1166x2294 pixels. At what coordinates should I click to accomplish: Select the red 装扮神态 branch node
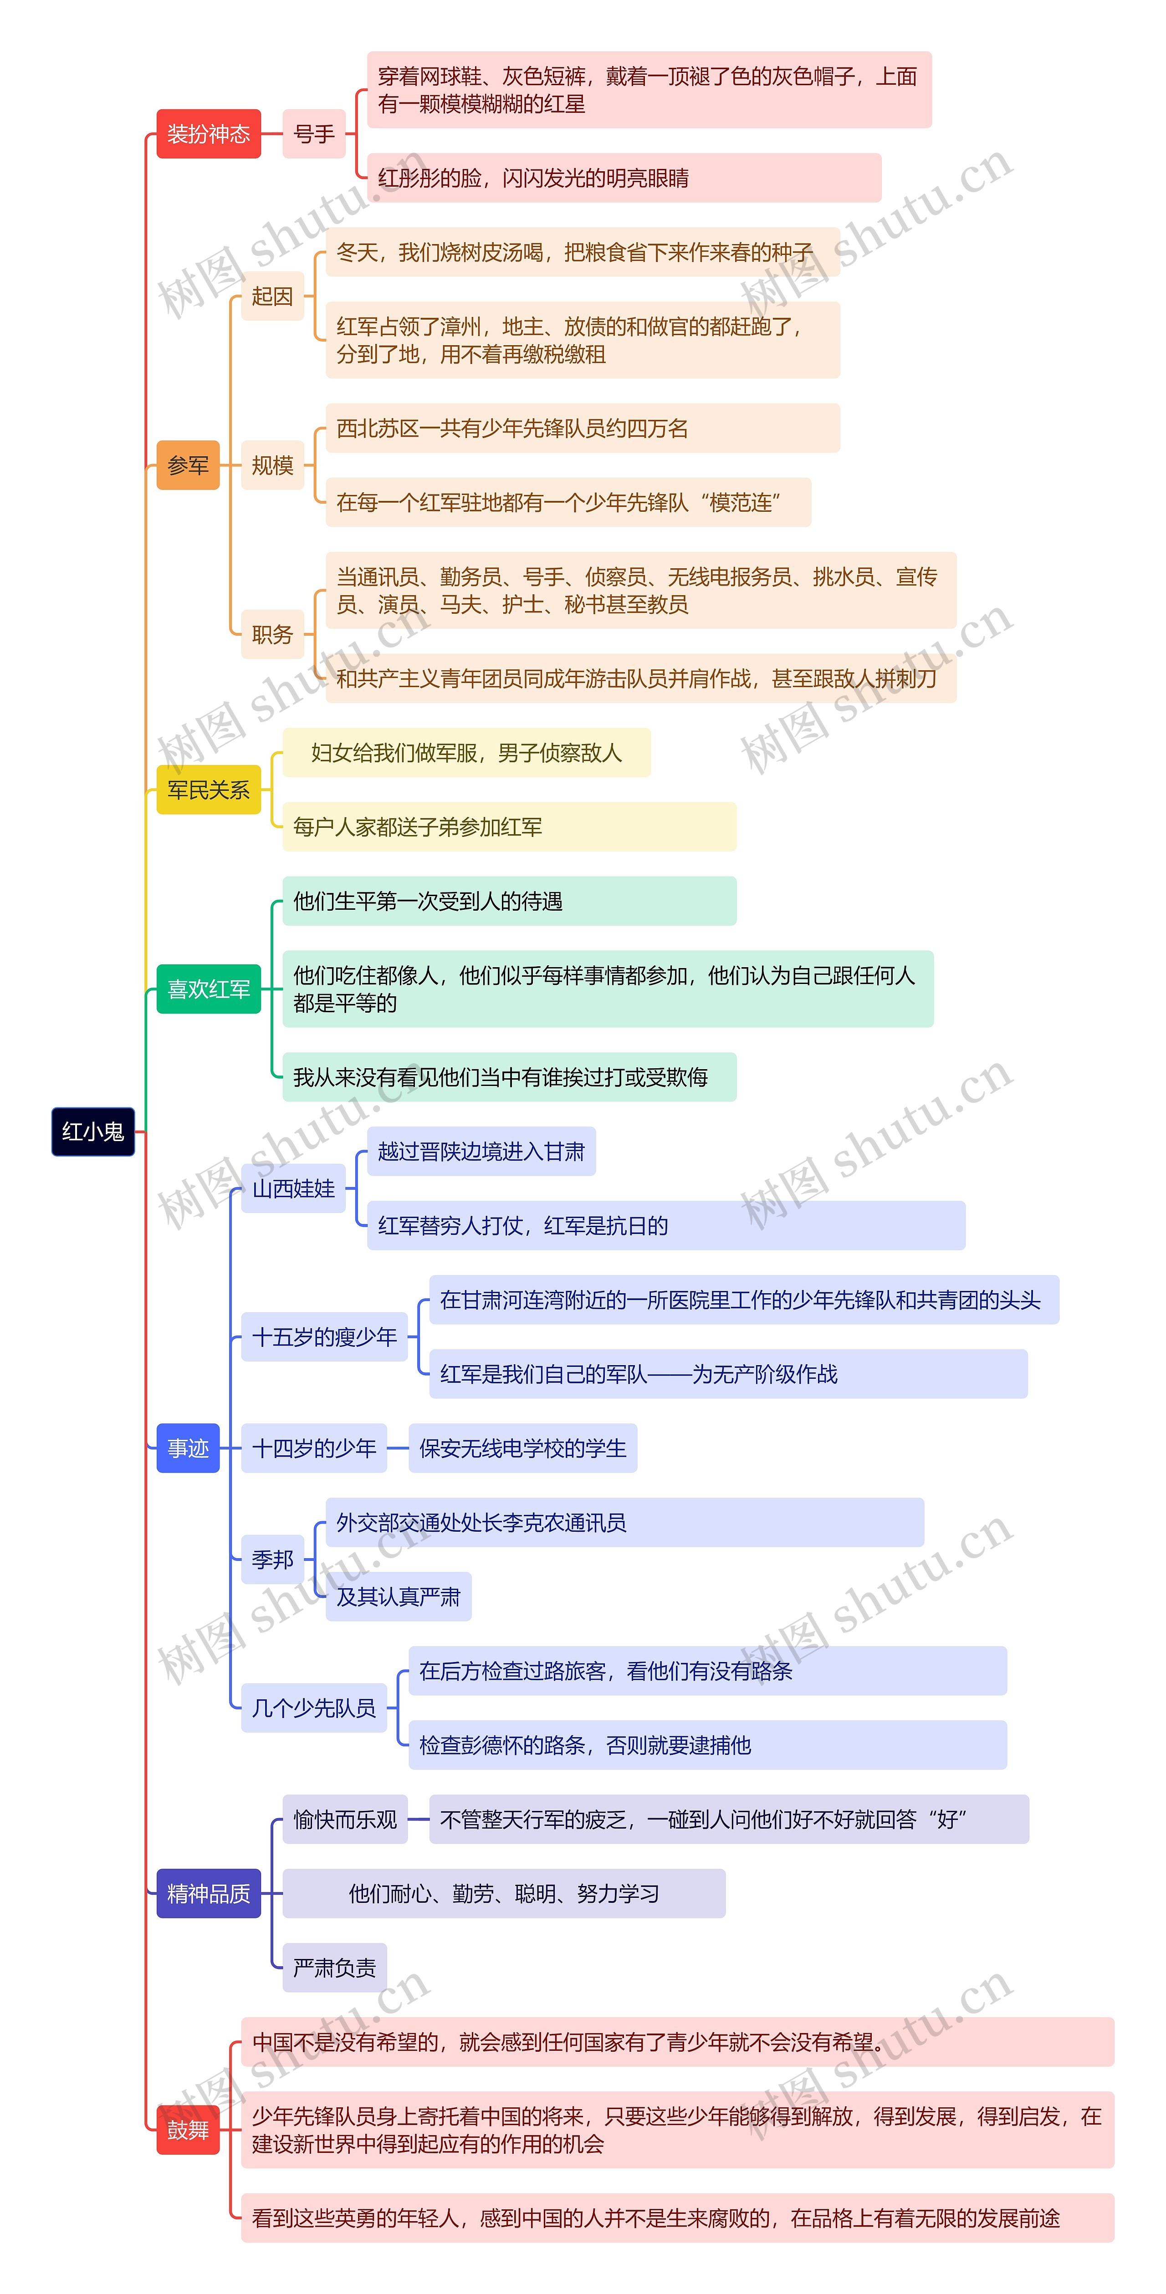coord(209,133)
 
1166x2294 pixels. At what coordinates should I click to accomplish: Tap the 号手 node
coord(313,133)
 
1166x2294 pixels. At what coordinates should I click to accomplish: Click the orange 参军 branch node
coord(188,465)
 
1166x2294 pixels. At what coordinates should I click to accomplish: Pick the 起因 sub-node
coord(272,296)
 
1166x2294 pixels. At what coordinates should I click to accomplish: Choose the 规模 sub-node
coord(272,465)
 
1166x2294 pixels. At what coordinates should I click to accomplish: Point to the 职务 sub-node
coord(272,634)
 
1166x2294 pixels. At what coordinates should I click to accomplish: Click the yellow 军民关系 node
coord(209,789)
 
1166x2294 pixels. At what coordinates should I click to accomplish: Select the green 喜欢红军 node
coord(209,989)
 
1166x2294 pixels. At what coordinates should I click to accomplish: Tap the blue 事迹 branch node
coord(188,1448)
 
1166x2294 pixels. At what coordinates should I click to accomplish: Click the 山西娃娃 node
coord(293,1188)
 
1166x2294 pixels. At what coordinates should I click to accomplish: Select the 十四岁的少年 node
coord(313,1448)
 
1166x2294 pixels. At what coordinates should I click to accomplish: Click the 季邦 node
coord(272,1560)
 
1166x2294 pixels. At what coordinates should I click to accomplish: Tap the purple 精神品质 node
coord(209,1893)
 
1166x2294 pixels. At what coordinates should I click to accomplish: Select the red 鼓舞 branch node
coord(188,2129)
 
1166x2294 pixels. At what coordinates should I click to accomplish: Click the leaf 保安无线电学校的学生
coord(523,1448)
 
